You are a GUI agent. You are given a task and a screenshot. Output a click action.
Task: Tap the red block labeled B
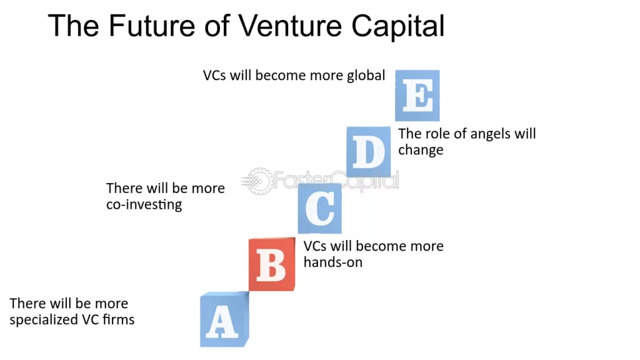point(272,264)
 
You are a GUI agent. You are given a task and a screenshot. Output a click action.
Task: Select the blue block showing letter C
point(320,209)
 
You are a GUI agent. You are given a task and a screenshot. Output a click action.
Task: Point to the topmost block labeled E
point(417,96)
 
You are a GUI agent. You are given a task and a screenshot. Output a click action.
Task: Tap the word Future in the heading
point(144,26)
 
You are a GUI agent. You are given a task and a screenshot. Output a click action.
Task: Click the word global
point(366,76)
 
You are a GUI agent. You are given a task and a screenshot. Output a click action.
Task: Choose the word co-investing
point(144,205)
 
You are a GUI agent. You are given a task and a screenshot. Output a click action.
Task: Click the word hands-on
point(332,262)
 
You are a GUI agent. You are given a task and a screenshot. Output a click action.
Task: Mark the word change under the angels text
point(421,150)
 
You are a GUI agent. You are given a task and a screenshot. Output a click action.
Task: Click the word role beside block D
point(434,134)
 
